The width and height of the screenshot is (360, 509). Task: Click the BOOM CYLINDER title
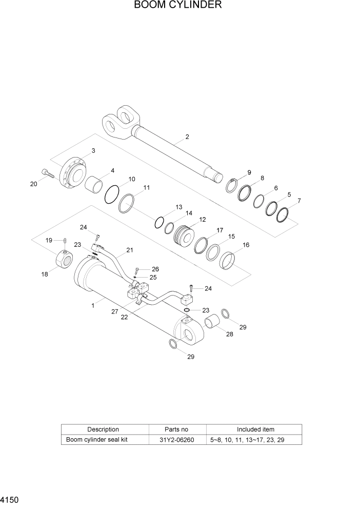click(178, 6)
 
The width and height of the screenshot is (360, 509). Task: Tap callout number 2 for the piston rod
click(187, 137)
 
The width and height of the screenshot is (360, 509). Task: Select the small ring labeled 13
click(160, 222)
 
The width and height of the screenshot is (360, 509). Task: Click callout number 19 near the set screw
click(49, 240)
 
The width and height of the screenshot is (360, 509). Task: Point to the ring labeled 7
click(284, 215)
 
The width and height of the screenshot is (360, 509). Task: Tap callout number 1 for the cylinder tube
click(93, 306)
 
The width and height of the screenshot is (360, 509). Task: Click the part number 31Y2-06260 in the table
click(177, 440)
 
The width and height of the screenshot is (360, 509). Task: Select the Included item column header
click(255, 429)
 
